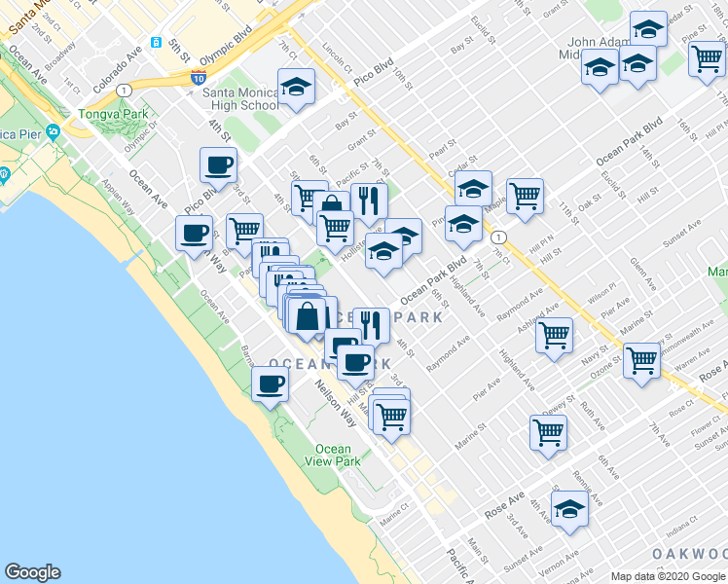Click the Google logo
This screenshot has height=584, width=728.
(x=32, y=572)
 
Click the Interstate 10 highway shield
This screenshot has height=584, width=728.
(x=199, y=78)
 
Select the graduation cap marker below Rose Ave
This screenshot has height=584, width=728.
(x=569, y=508)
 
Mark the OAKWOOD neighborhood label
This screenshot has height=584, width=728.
(x=689, y=554)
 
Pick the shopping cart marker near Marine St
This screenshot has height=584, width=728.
(x=548, y=431)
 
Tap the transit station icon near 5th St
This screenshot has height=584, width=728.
(x=156, y=43)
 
